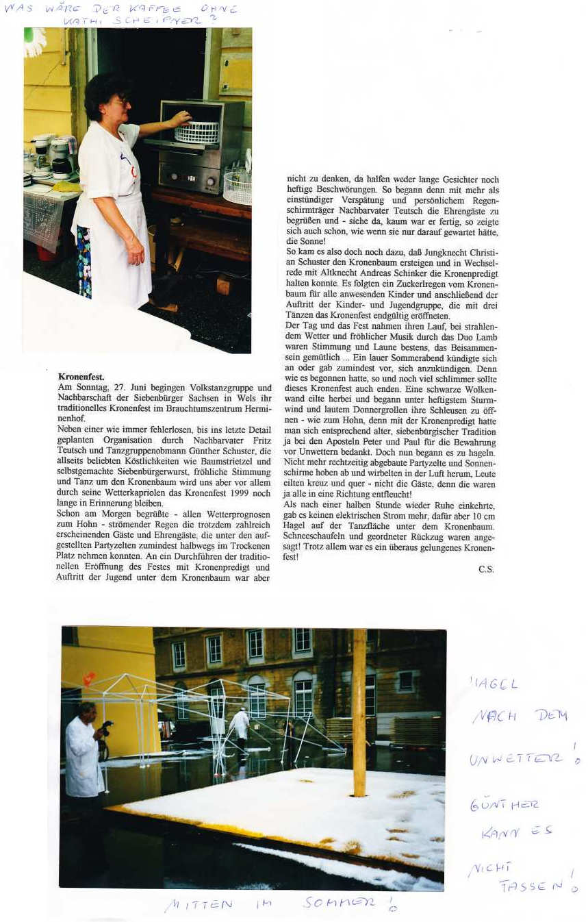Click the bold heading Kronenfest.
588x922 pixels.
81,377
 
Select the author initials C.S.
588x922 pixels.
486,569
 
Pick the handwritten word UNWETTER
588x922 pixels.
516,758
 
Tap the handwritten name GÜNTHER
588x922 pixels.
504,804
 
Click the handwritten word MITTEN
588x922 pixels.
199,906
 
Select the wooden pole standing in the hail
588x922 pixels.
359,712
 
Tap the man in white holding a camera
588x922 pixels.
85,753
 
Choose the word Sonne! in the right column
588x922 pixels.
302,242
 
